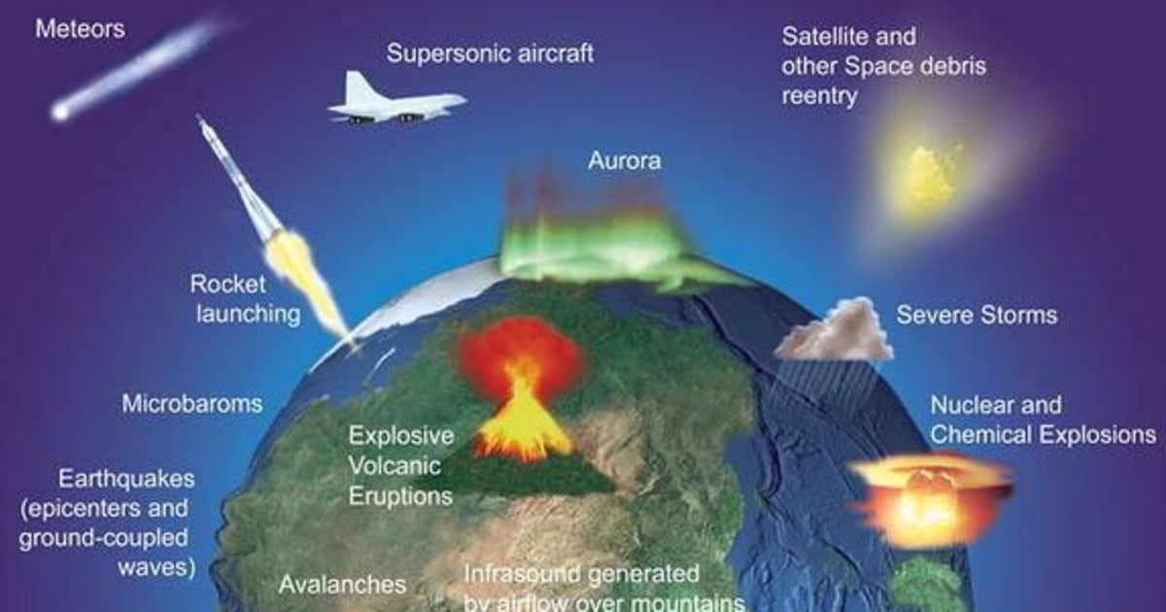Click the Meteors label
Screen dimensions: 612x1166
click(80, 29)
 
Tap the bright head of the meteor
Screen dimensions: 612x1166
click(61, 112)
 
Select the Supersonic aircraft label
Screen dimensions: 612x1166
click(490, 52)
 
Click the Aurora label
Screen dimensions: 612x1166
click(624, 160)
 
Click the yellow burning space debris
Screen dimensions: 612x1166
click(934, 175)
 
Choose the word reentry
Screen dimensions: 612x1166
click(820, 97)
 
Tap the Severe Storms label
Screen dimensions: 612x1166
click(977, 316)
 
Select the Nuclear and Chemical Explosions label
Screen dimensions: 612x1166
click(1043, 420)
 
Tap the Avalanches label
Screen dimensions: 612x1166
click(342, 585)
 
